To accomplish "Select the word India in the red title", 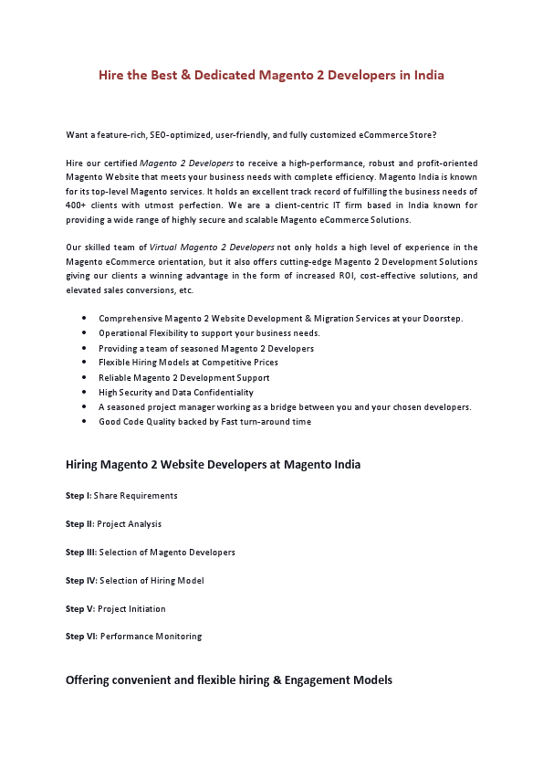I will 427,75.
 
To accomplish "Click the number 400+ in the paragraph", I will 78,205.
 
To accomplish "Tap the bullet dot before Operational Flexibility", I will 84,333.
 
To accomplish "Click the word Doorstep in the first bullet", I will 443,319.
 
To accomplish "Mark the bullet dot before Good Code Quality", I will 84,422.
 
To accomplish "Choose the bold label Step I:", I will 78,496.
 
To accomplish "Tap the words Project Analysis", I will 129,524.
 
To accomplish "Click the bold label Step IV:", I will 81,581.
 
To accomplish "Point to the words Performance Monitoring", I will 151,637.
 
